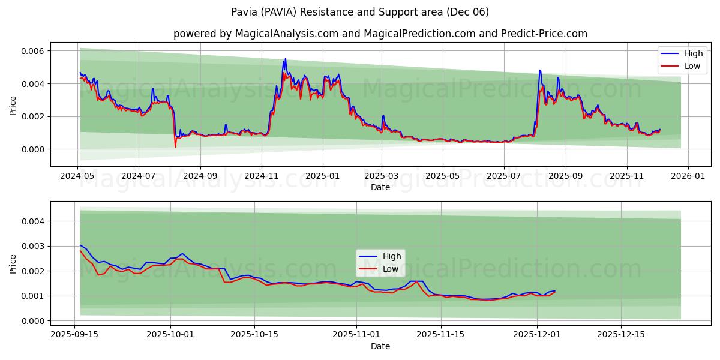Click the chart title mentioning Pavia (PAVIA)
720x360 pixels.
tap(360, 12)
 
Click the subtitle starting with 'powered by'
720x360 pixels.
tap(380, 34)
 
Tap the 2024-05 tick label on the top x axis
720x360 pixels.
tap(77, 176)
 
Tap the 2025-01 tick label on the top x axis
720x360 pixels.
tap(323, 176)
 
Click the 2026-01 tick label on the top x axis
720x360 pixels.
tap(688, 176)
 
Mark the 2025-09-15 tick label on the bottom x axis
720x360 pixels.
tap(74, 334)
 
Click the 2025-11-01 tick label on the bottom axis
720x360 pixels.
tap(356, 334)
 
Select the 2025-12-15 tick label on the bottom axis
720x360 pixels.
tap(620, 334)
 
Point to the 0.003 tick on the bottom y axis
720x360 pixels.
tap(34, 247)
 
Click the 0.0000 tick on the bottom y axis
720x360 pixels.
tap(34, 321)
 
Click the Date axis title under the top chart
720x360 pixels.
tap(380, 187)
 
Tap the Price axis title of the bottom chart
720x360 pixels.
tap(13, 263)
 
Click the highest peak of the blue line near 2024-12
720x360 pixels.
tap(285, 58)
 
